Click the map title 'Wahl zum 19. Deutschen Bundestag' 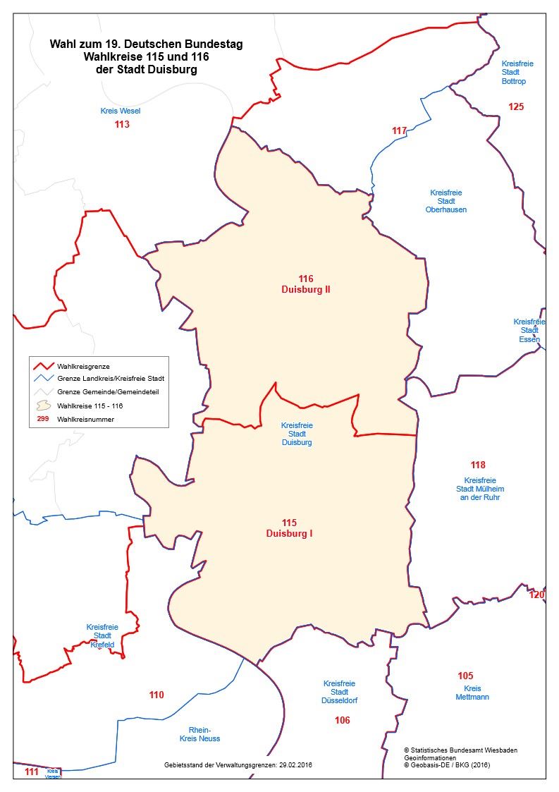(x=146, y=44)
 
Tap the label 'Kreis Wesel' (x=121, y=111)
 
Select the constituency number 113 (x=122, y=125)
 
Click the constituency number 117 (x=400, y=130)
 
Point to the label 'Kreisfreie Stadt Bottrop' (x=517, y=73)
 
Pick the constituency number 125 (x=516, y=107)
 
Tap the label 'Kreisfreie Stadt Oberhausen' (x=446, y=201)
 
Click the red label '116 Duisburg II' (x=305, y=284)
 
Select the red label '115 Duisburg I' (x=289, y=528)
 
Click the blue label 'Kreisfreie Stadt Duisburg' (x=296, y=434)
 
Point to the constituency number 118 (x=478, y=465)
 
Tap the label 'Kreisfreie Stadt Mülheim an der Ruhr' (x=480, y=489)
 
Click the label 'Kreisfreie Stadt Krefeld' (x=102, y=635)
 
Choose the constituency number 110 (x=156, y=695)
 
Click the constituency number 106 (x=343, y=721)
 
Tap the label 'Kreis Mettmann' (x=472, y=693)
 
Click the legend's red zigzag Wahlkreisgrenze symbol (x=44, y=366)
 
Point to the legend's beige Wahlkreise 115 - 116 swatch (x=44, y=406)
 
